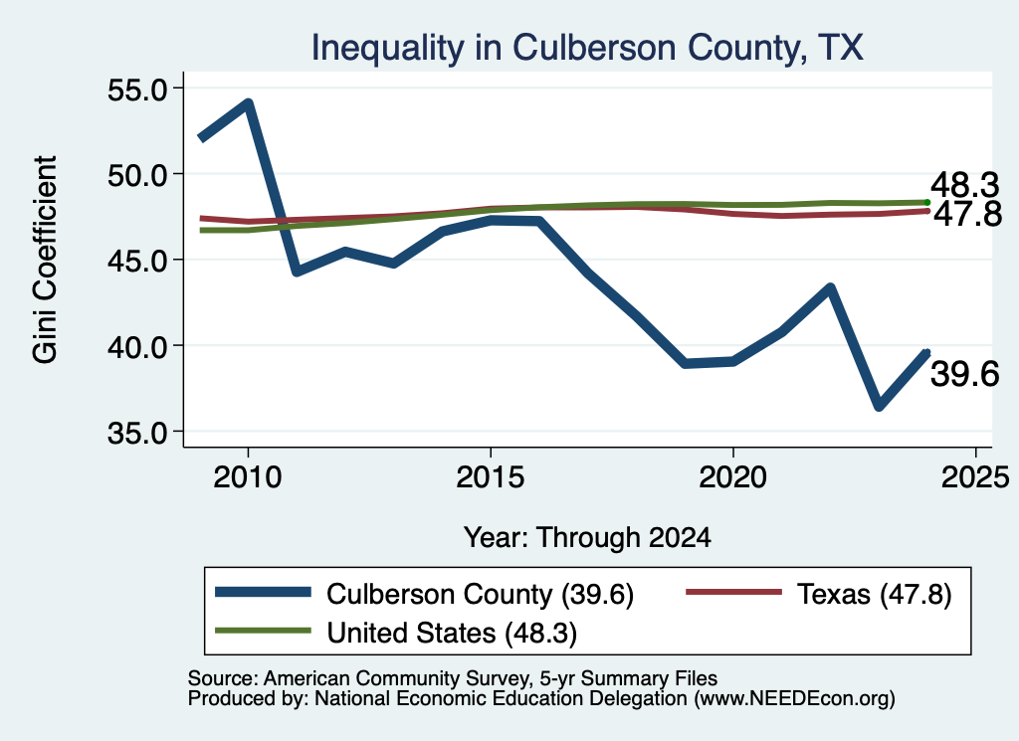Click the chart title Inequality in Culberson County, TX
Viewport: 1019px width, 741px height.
tap(587, 48)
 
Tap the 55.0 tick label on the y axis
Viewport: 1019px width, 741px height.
tap(137, 90)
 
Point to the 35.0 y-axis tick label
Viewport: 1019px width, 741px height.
tap(137, 433)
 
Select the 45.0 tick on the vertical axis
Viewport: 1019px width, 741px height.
tap(137, 261)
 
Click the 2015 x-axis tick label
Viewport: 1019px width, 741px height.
tap(490, 478)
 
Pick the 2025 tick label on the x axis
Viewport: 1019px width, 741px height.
tap(975, 478)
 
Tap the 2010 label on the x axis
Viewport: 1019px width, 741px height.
tap(248, 478)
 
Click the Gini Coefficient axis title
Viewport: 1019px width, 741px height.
tap(45, 260)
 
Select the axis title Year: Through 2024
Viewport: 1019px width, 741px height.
tap(587, 538)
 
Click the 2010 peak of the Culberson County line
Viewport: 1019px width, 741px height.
tap(248, 103)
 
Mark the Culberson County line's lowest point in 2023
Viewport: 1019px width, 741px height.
tap(879, 407)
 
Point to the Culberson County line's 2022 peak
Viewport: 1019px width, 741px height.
tap(830, 287)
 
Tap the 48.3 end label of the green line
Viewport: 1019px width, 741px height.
tap(965, 185)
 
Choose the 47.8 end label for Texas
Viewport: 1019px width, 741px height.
tap(968, 214)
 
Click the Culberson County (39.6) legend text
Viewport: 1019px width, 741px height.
tap(481, 594)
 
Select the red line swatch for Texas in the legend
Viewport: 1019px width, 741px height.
tap(734, 592)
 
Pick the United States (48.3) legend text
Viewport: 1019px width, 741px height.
tap(452, 634)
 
